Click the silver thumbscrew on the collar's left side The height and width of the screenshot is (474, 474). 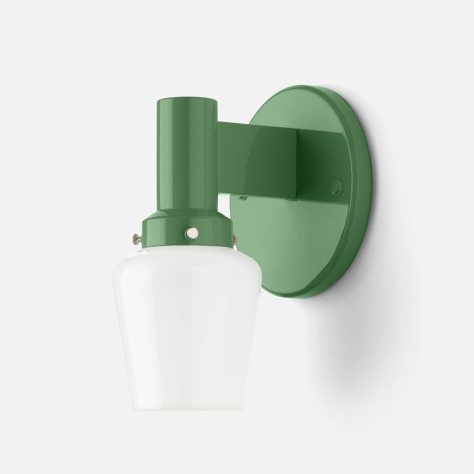point(136,238)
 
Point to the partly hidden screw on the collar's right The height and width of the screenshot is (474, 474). point(235,239)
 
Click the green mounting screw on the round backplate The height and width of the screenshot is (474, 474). point(337,188)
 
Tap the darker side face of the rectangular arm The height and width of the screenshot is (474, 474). point(319,162)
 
